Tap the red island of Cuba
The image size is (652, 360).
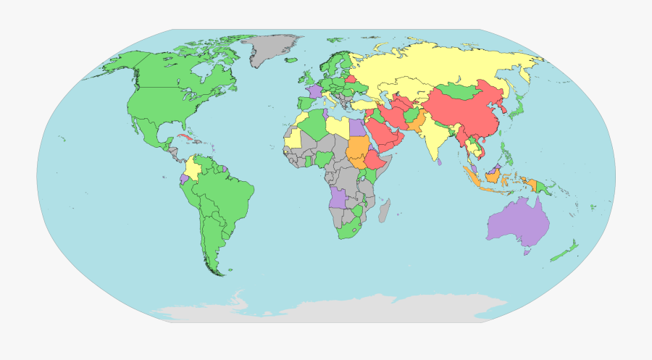185,138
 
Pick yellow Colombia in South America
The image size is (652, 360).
193,168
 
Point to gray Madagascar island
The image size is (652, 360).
385,211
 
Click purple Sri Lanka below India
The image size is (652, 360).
440,163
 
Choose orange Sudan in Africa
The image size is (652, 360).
356,151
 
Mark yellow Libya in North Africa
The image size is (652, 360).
338,127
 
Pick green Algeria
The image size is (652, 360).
314,126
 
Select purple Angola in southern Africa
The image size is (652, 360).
338,196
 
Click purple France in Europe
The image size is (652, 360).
314,91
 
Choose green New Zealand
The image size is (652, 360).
566,253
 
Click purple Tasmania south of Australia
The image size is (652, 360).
527,251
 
